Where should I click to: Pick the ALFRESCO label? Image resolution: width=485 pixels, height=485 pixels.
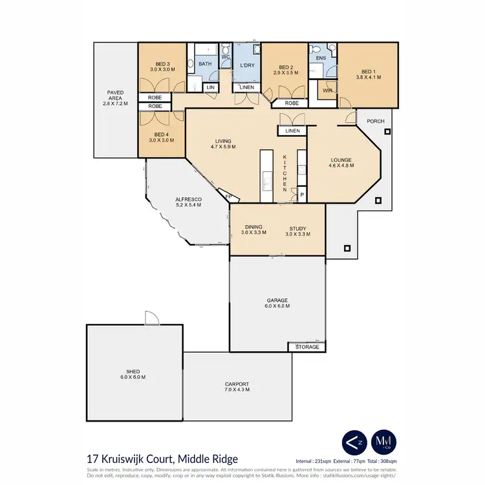[189, 202]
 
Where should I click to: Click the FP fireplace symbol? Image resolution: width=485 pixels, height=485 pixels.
[228, 196]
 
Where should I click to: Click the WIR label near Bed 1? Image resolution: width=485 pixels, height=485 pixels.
[327, 91]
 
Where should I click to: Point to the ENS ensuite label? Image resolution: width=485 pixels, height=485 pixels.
[321, 58]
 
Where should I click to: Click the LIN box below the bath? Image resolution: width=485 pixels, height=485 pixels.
[211, 87]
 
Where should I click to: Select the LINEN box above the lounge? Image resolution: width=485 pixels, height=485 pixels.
[292, 131]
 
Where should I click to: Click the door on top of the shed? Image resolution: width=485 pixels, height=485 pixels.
[151, 318]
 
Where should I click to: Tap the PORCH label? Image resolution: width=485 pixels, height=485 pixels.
[376, 121]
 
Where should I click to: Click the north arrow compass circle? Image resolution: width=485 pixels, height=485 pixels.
[354, 442]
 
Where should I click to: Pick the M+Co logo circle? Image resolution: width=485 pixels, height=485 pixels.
[384, 442]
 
